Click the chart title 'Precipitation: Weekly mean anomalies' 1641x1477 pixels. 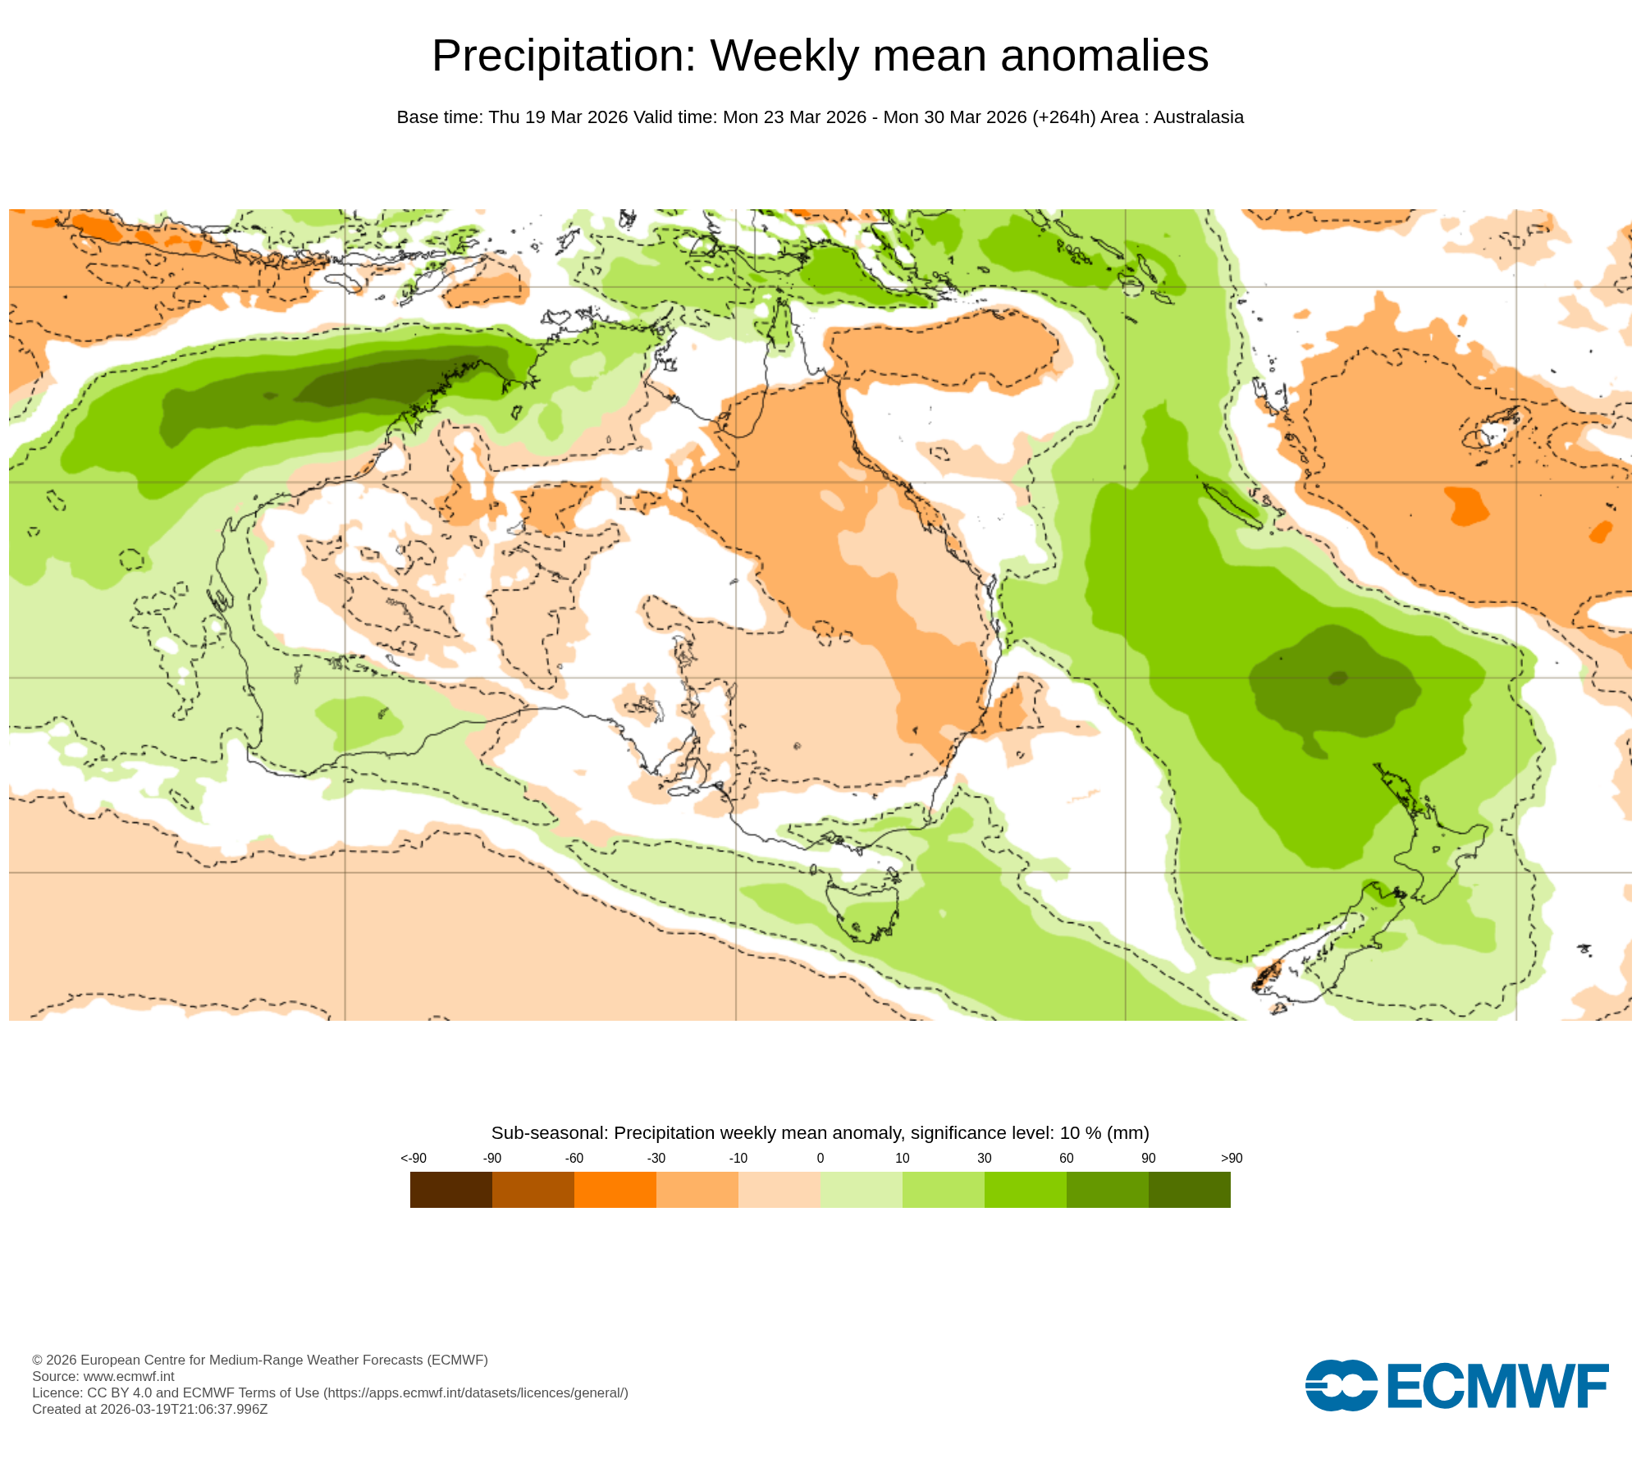tap(820, 56)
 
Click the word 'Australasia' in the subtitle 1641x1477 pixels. tap(1198, 117)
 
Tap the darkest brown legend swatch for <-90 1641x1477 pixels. tap(450, 1189)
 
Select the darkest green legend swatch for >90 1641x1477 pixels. tap(1189, 1189)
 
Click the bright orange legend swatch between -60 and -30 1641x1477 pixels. tap(615, 1189)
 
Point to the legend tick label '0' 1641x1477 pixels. tap(820, 1158)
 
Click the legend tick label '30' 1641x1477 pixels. tap(984, 1158)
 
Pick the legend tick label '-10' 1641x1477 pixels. tap(738, 1158)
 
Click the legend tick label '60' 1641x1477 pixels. tap(1066, 1158)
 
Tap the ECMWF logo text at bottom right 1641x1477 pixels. tap(1497, 1386)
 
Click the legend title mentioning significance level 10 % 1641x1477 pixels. tap(820, 1132)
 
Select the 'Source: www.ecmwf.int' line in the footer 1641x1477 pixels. tap(103, 1376)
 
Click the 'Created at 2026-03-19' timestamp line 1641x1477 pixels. tap(149, 1409)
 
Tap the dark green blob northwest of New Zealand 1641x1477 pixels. tap(1333, 681)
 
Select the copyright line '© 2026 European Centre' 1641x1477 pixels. tap(259, 1360)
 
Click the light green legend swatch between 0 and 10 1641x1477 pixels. tap(861, 1189)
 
